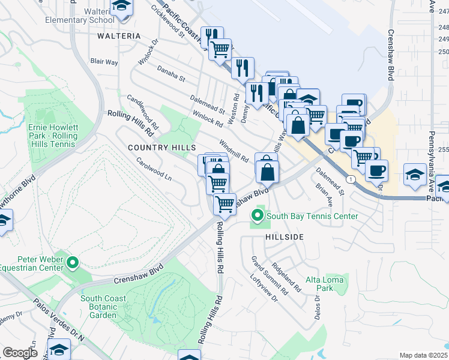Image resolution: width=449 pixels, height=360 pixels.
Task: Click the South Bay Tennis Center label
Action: pyautogui.click(x=312, y=216)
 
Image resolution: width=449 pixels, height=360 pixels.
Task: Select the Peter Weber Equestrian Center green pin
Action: pyautogui.click(x=73, y=262)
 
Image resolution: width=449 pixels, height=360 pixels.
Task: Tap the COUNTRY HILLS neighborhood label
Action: pyautogui.click(x=161, y=148)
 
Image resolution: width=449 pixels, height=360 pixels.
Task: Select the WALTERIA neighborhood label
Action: pyautogui.click(x=118, y=36)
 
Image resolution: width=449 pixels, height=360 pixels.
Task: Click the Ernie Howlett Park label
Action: pyautogui.click(x=53, y=132)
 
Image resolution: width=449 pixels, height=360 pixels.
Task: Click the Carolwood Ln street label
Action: pyautogui.click(x=154, y=170)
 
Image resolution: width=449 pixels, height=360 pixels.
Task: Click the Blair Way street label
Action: pyautogui.click(x=104, y=61)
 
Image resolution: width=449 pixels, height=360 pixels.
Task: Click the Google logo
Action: pyautogui.click(x=20, y=353)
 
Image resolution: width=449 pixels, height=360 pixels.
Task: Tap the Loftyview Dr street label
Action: pyautogui.click(x=265, y=289)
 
